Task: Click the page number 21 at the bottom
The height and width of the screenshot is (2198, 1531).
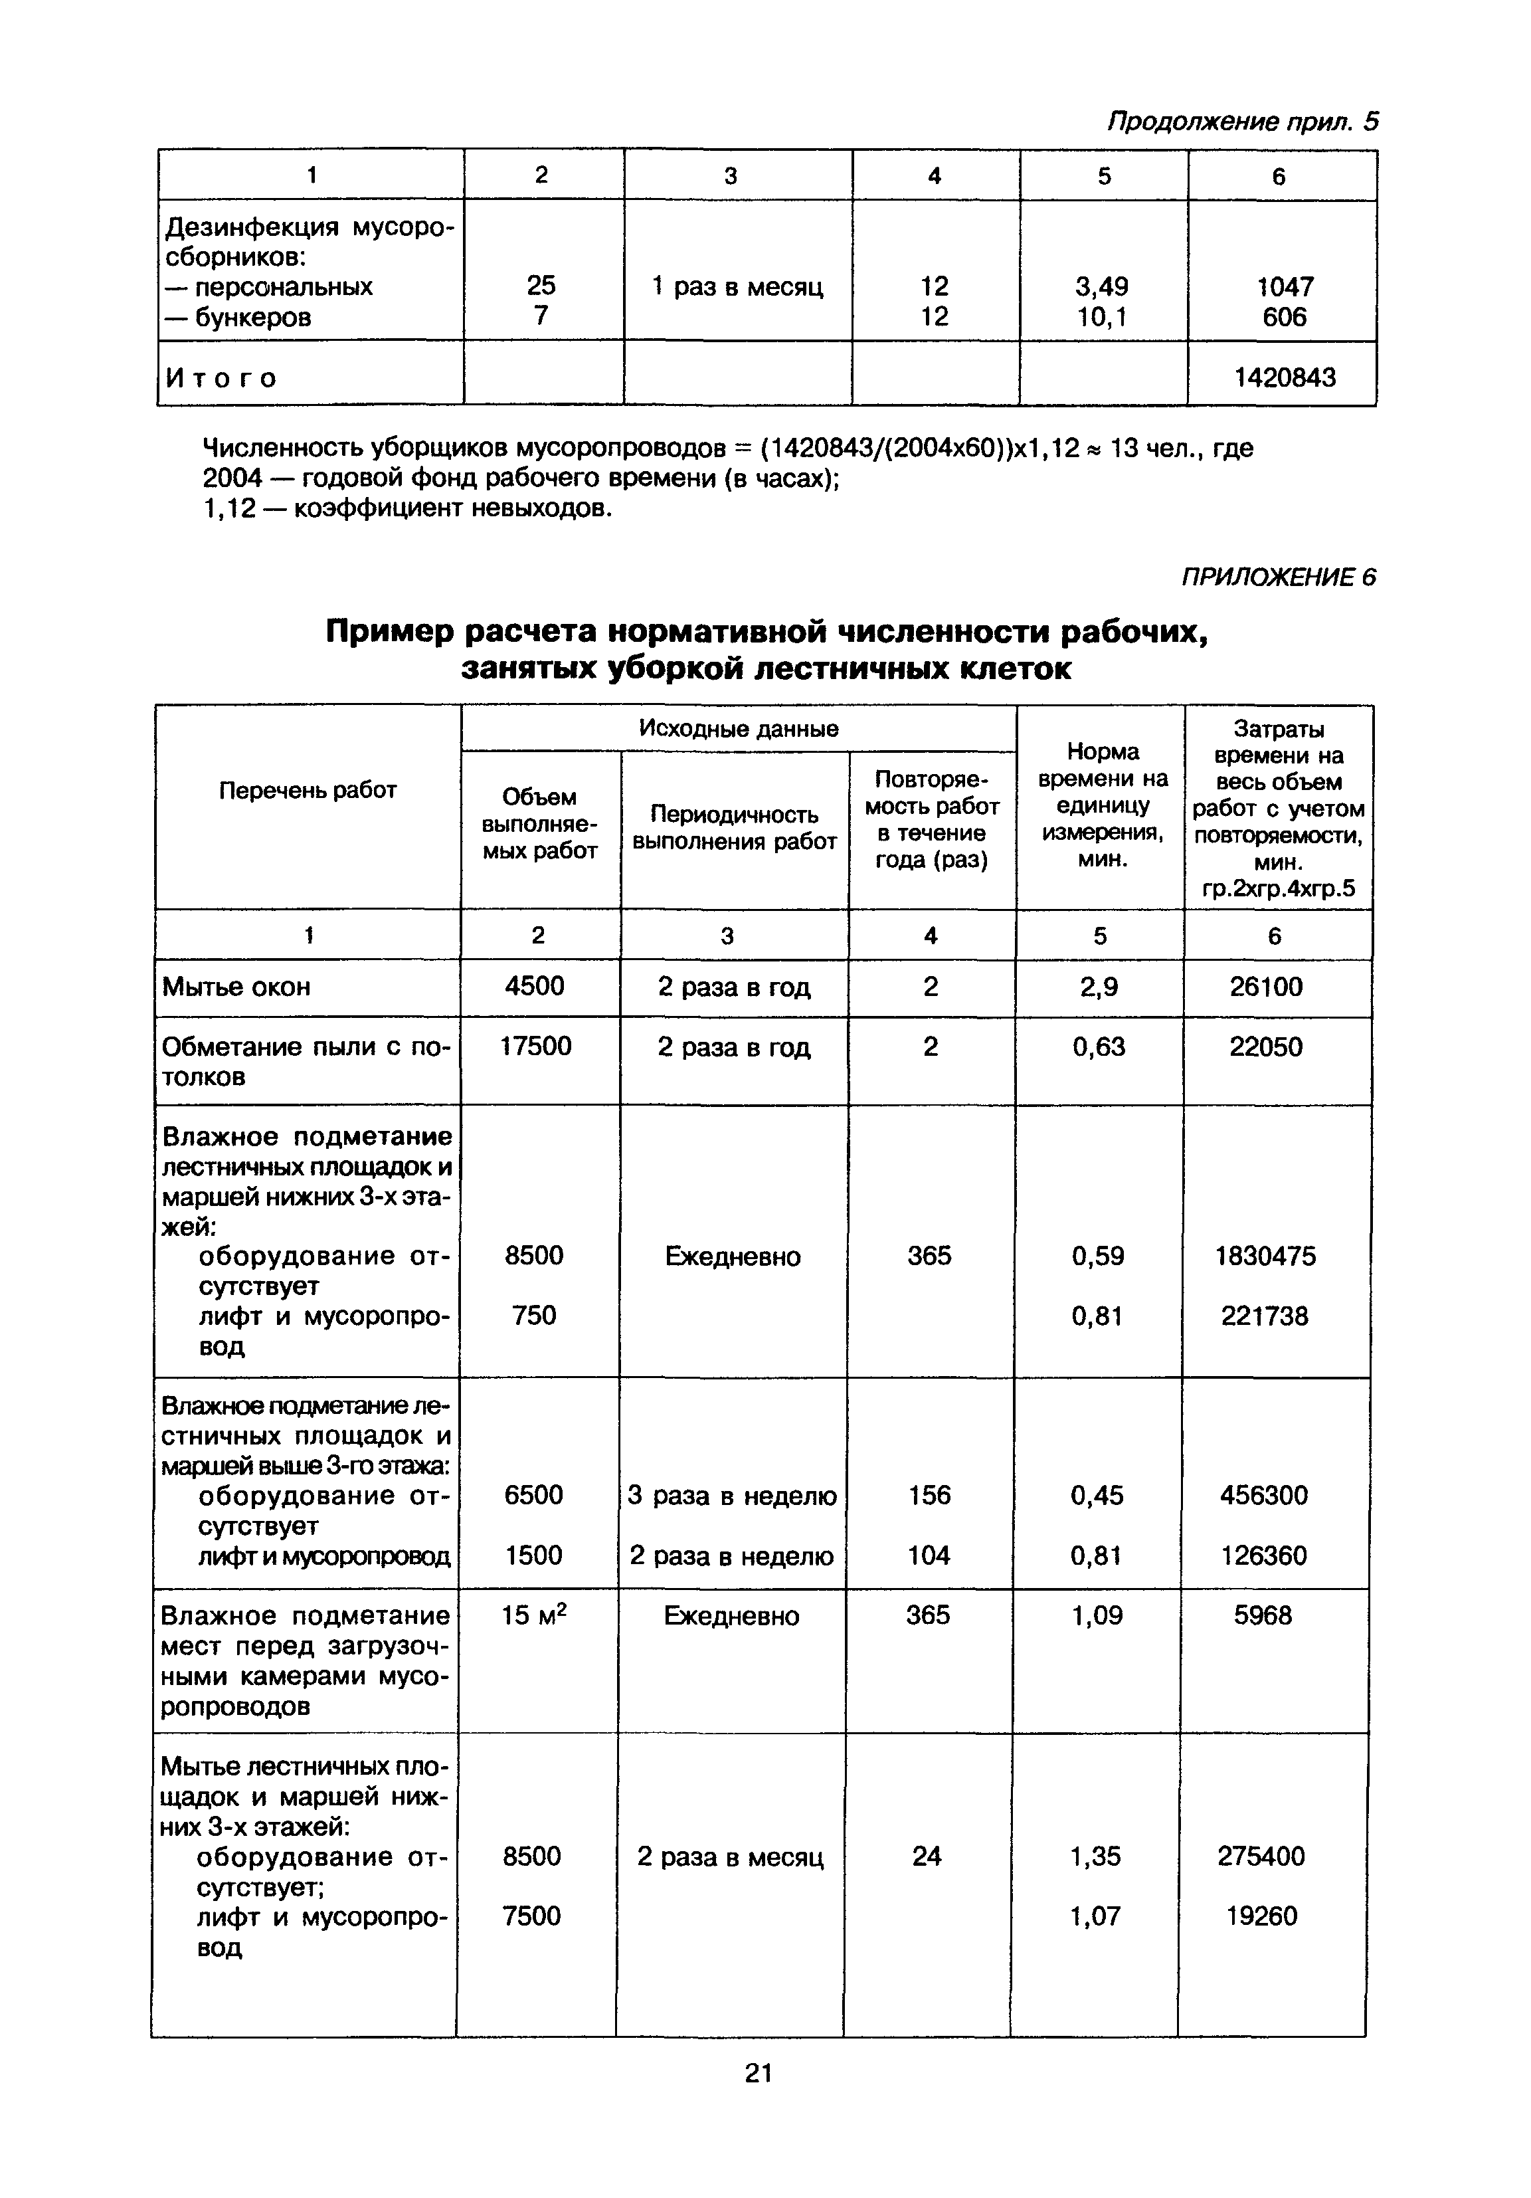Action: pos(758,2072)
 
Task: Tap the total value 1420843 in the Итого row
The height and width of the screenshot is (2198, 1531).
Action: pos(1284,377)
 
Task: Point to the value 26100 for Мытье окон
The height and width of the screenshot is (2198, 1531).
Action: pos(1266,987)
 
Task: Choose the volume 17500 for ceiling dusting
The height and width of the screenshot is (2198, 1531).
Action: pos(536,1045)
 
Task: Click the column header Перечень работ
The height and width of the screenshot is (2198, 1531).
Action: pos(307,790)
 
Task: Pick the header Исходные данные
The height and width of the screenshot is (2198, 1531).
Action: pos(738,728)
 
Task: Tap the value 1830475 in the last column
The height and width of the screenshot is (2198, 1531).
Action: pos(1265,1256)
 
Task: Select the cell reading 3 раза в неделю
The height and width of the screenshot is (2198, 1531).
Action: pos(732,1495)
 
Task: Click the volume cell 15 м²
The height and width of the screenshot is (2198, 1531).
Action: pos(534,1616)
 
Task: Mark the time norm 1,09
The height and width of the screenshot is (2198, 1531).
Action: pos(1097,1616)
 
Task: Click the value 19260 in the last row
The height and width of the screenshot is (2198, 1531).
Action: pos(1262,1916)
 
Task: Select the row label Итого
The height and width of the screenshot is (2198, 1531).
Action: pos(221,378)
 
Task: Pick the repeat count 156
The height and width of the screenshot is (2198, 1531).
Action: pos(929,1495)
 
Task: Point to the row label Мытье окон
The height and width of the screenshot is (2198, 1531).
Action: pos(236,987)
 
